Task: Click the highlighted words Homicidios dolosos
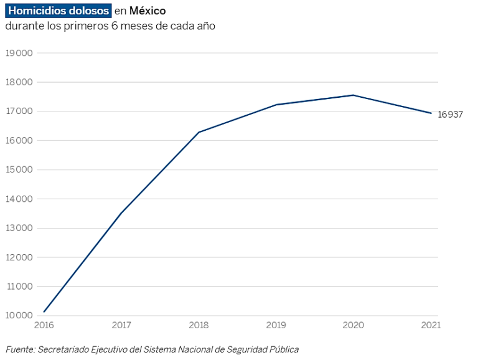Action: click(59, 11)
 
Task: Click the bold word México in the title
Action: click(148, 11)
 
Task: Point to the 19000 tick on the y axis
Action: click(19, 53)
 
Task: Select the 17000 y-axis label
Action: click(19, 111)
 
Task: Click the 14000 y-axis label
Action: click(19, 199)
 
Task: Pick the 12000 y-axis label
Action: click(19, 257)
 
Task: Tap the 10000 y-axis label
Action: click(19, 316)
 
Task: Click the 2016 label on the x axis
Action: click(44, 325)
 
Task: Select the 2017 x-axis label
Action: click(121, 325)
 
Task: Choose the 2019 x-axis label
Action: click(276, 325)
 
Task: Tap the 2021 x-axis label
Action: click(431, 325)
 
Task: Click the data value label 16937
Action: click(451, 114)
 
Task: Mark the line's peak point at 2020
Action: click(354, 95)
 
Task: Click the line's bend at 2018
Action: click(199, 132)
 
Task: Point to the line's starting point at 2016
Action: click(44, 311)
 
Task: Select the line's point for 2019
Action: click(276, 105)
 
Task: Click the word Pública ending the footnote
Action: click(283, 349)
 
